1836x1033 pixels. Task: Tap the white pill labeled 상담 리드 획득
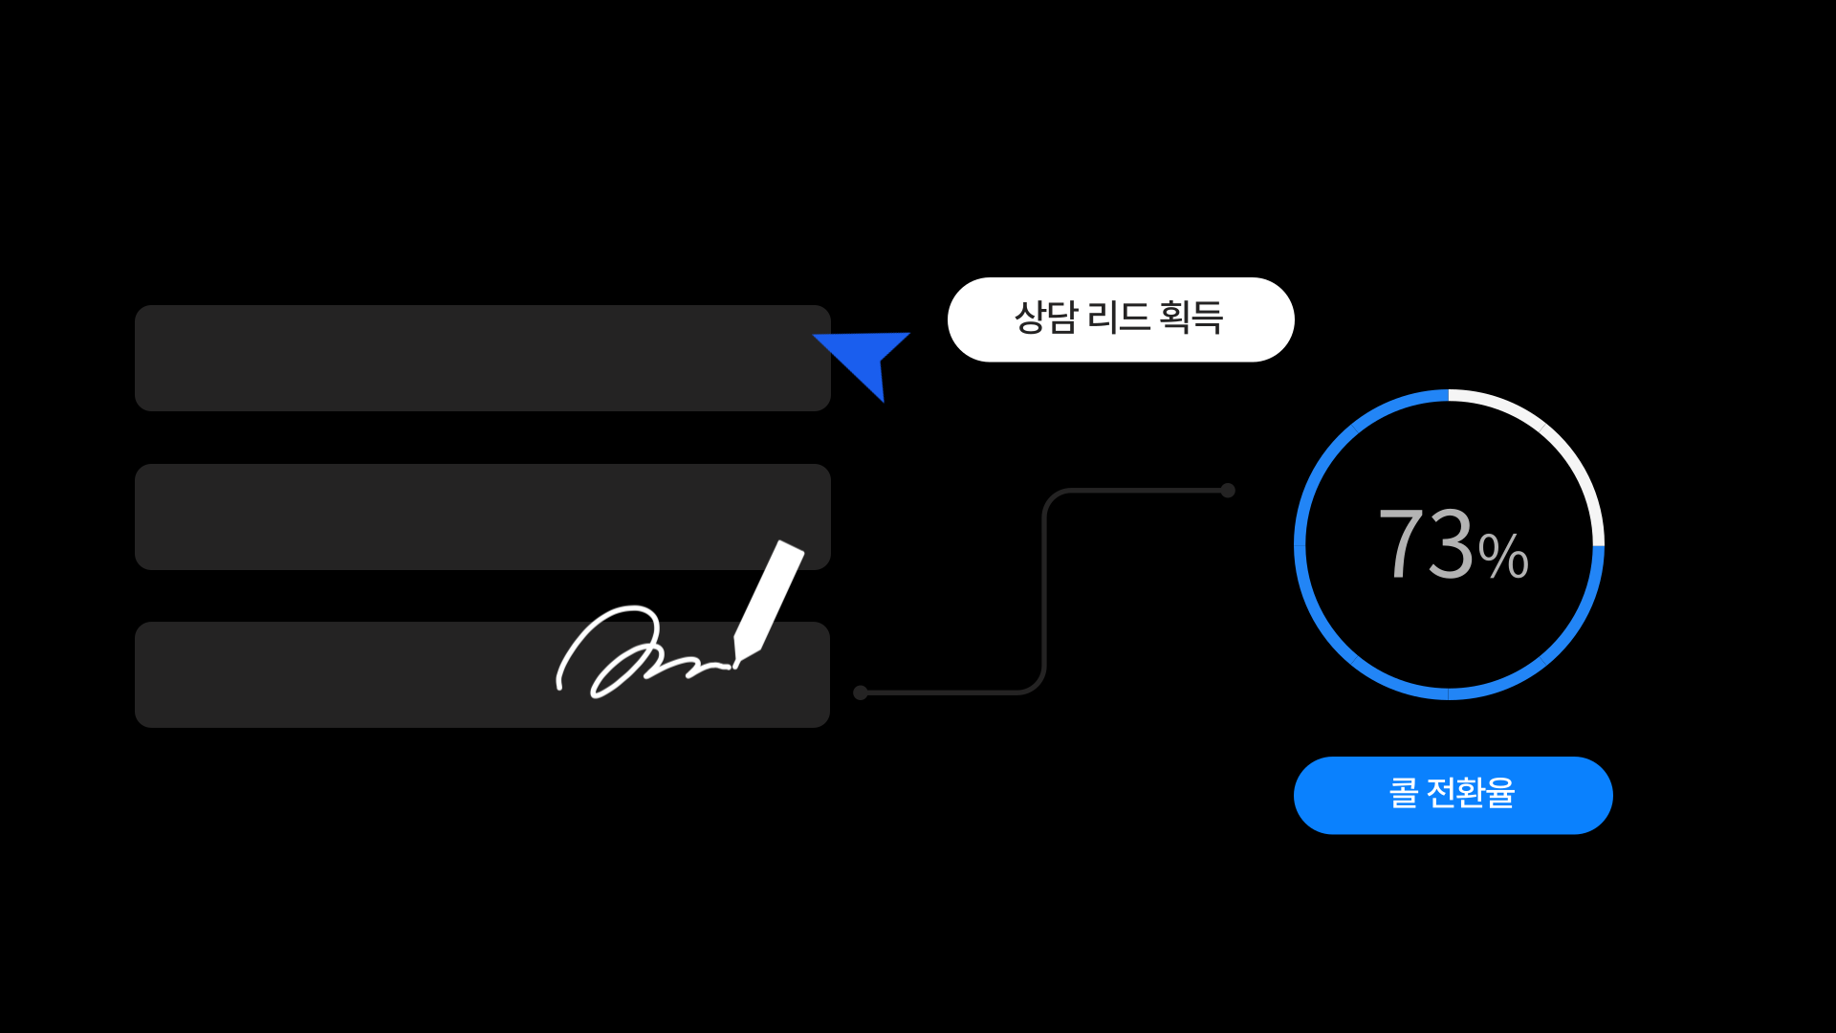tap(1121, 319)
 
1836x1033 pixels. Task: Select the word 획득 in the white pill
tap(1191, 318)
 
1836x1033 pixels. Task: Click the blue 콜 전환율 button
tap(1453, 795)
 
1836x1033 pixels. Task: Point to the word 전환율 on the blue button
tap(1471, 793)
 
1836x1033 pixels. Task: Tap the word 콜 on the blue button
tap(1403, 793)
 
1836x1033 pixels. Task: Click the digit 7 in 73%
tap(1401, 542)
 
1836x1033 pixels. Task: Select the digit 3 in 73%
tap(1451, 542)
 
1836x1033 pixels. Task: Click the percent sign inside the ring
tap(1503, 557)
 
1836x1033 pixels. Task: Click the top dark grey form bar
tap(483, 358)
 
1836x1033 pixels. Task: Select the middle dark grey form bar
tap(483, 516)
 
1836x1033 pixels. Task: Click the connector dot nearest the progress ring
tap(1228, 491)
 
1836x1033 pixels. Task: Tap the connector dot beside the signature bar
tap(861, 692)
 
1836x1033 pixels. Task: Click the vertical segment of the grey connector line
tap(1044, 591)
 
